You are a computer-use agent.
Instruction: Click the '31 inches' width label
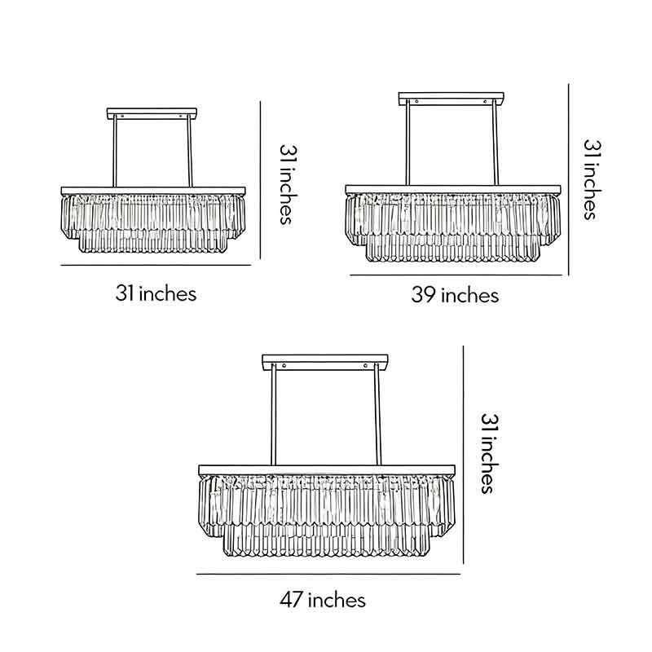pos(156,293)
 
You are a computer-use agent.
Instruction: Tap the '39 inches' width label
pos(454,295)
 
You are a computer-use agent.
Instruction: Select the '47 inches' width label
pos(323,601)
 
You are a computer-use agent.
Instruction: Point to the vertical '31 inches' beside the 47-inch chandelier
pos(487,453)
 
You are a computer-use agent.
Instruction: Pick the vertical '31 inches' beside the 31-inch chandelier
pos(285,185)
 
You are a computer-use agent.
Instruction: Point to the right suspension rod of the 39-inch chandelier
pos(496,144)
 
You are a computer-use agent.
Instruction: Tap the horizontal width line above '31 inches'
pos(156,266)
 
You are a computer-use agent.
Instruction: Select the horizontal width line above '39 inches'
pos(456,275)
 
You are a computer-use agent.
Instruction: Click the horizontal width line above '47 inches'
pos(328,574)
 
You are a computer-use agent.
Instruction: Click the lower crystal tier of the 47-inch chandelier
pos(326,542)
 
